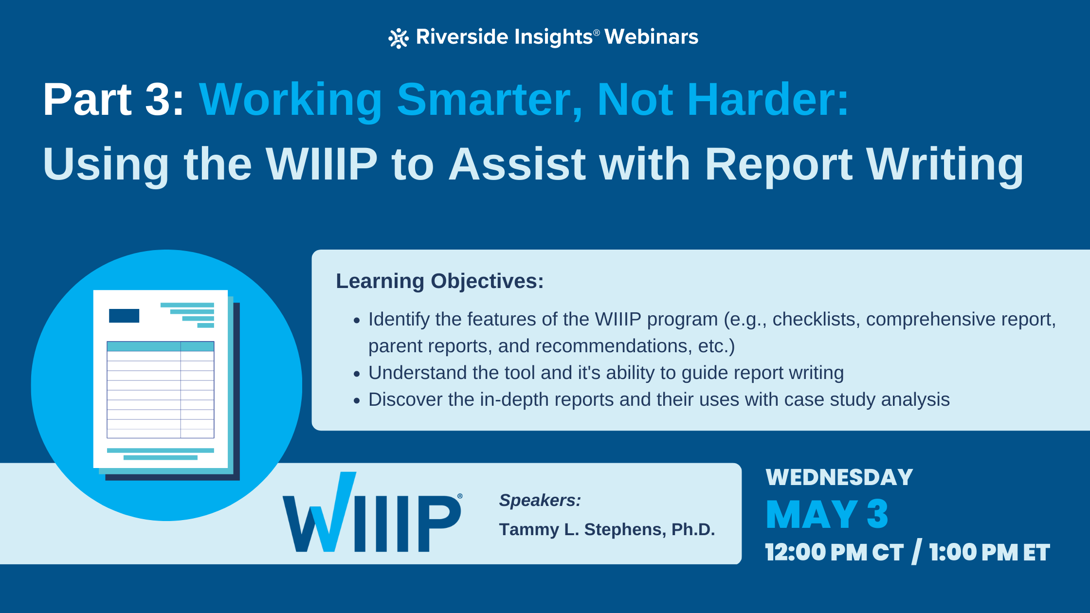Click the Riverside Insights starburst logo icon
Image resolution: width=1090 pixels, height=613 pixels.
point(398,38)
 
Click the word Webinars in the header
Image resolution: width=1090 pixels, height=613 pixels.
point(651,37)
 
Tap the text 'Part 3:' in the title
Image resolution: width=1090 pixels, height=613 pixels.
point(113,100)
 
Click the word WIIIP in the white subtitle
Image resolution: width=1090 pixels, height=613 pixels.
point(321,164)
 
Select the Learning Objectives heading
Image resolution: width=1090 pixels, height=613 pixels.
point(439,281)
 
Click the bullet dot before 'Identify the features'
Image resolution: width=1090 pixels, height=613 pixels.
point(357,321)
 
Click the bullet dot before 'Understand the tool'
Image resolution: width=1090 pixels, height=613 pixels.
point(357,374)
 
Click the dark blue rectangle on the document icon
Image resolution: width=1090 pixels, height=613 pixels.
point(124,316)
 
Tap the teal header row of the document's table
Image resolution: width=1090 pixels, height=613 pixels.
point(160,346)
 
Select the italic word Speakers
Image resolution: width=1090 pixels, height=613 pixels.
point(540,500)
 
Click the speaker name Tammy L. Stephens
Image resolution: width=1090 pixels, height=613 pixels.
point(606,529)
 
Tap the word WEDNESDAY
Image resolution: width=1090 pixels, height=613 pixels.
point(839,477)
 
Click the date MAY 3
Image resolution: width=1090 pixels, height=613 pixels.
point(827,515)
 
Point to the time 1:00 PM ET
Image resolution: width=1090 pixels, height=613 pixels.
point(989,553)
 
